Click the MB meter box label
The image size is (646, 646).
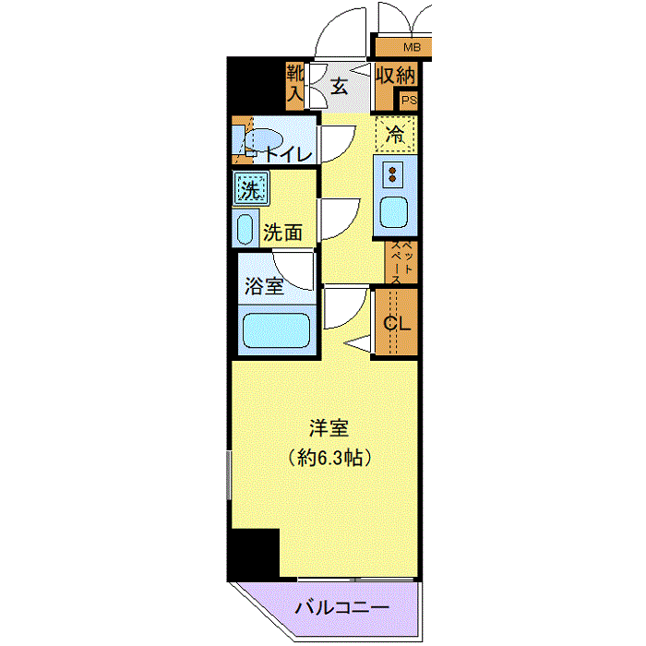tap(412, 47)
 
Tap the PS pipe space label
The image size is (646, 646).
tap(409, 100)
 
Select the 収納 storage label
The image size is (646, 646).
tap(396, 76)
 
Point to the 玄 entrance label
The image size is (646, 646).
tap(340, 87)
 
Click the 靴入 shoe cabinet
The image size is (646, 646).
tap(295, 86)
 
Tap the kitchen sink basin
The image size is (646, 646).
tap(393, 212)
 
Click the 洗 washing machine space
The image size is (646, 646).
tap(251, 188)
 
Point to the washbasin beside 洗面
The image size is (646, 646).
tap(245, 229)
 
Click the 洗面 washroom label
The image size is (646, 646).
tap(282, 233)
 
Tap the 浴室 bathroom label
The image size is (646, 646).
tap(264, 286)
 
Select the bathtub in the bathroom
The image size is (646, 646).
tap(276, 330)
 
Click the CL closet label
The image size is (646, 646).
tap(397, 323)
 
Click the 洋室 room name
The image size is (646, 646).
tap(329, 428)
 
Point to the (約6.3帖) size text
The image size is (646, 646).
tap(329, 458)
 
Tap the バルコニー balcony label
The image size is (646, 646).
tap(342, 607)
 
